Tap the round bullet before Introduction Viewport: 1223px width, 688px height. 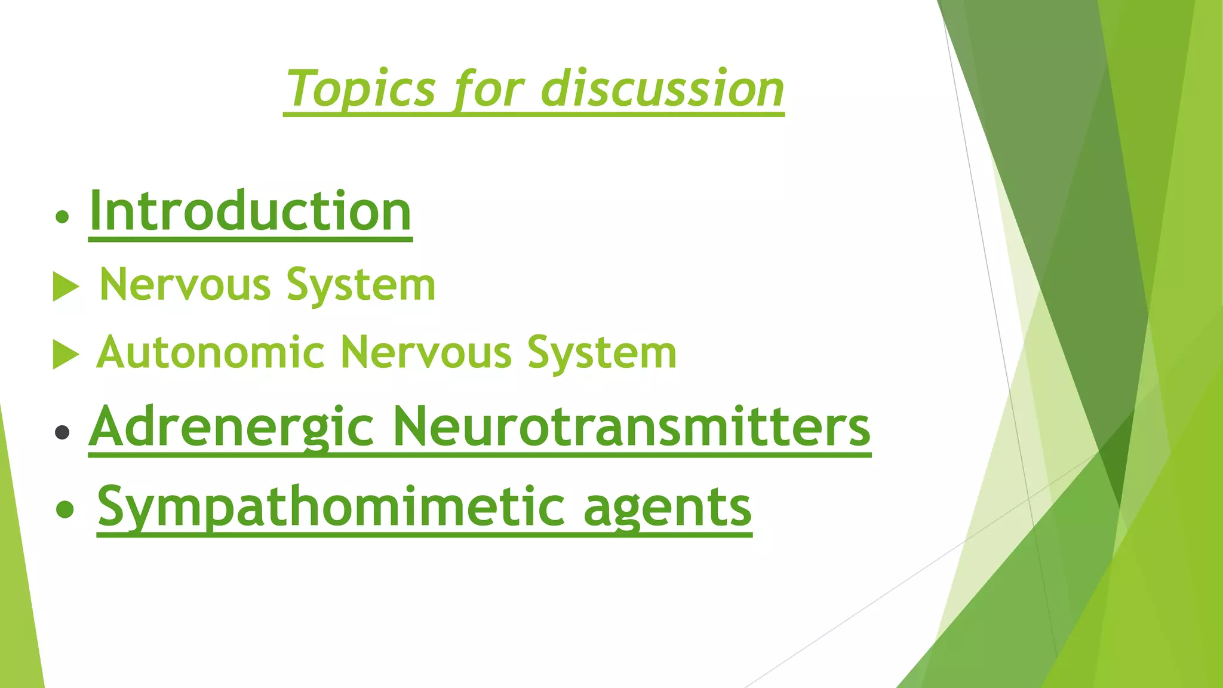(x=62, y=217)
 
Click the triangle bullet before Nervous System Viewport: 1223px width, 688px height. (x=65, y=287)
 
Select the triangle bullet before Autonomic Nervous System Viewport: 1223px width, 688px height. (x=65, y=355)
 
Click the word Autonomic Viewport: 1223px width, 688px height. (x=210, y=352)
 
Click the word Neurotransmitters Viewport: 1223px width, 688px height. (x=631, y=426)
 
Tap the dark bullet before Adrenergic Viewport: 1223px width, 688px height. (x=62, y=432)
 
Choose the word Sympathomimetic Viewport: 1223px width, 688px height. (x=330, y=508)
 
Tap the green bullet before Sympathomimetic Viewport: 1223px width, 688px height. (x=64, y=509)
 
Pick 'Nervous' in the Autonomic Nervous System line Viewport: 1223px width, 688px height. (x=426, y=352)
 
